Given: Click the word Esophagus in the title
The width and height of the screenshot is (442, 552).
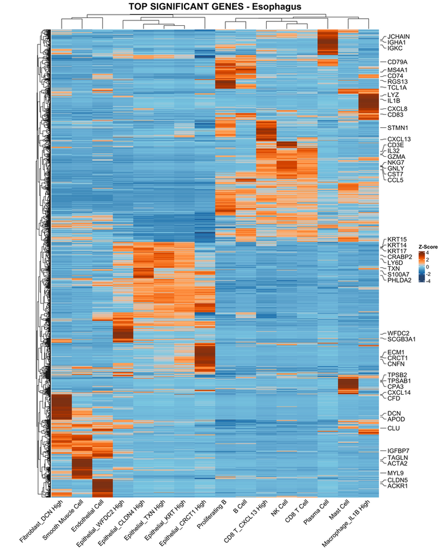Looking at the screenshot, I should click(x=272, y=6).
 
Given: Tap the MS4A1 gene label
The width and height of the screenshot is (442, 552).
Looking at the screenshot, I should click(x=397, y=70).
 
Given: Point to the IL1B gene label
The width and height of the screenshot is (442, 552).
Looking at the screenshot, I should click(x=394, y=101).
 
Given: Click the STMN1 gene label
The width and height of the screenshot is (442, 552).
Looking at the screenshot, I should click(x=397, y=128).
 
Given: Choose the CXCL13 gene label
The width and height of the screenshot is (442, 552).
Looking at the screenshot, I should click(x=399, y=139).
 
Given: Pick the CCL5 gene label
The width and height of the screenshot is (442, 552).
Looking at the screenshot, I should click(x=395, y=180).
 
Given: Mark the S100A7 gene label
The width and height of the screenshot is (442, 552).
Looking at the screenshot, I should click(x=398, y=274).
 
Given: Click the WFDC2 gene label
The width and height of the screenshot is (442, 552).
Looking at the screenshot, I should click(x=397, y=333).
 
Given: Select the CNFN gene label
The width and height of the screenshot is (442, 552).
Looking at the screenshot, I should click(x=396, y=364).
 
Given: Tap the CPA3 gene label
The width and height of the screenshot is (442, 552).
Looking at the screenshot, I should click(x=395, y=386).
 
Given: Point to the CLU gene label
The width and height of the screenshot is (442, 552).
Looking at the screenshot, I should click(x=393, y=428).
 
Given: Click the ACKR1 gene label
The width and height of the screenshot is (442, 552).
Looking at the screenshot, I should click(x=397, y=486).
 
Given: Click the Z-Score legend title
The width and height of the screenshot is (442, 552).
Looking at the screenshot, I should click(x=428, y=247).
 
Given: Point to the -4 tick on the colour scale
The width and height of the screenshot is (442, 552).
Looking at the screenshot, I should click(x=429, y=280).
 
